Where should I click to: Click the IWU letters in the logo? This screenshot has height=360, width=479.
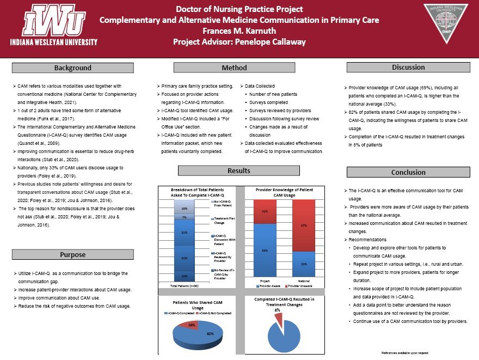coord(53,22)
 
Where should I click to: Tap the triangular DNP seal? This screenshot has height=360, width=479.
coord(445,25)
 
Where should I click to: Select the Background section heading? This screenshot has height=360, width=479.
coord(72,68)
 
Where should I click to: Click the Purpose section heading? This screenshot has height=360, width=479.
coord(72,254)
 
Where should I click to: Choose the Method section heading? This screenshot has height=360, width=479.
coord(234,68)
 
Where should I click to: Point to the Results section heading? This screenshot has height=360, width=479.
coord(239,171)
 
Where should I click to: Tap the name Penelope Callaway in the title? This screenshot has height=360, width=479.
coord(273,41)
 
